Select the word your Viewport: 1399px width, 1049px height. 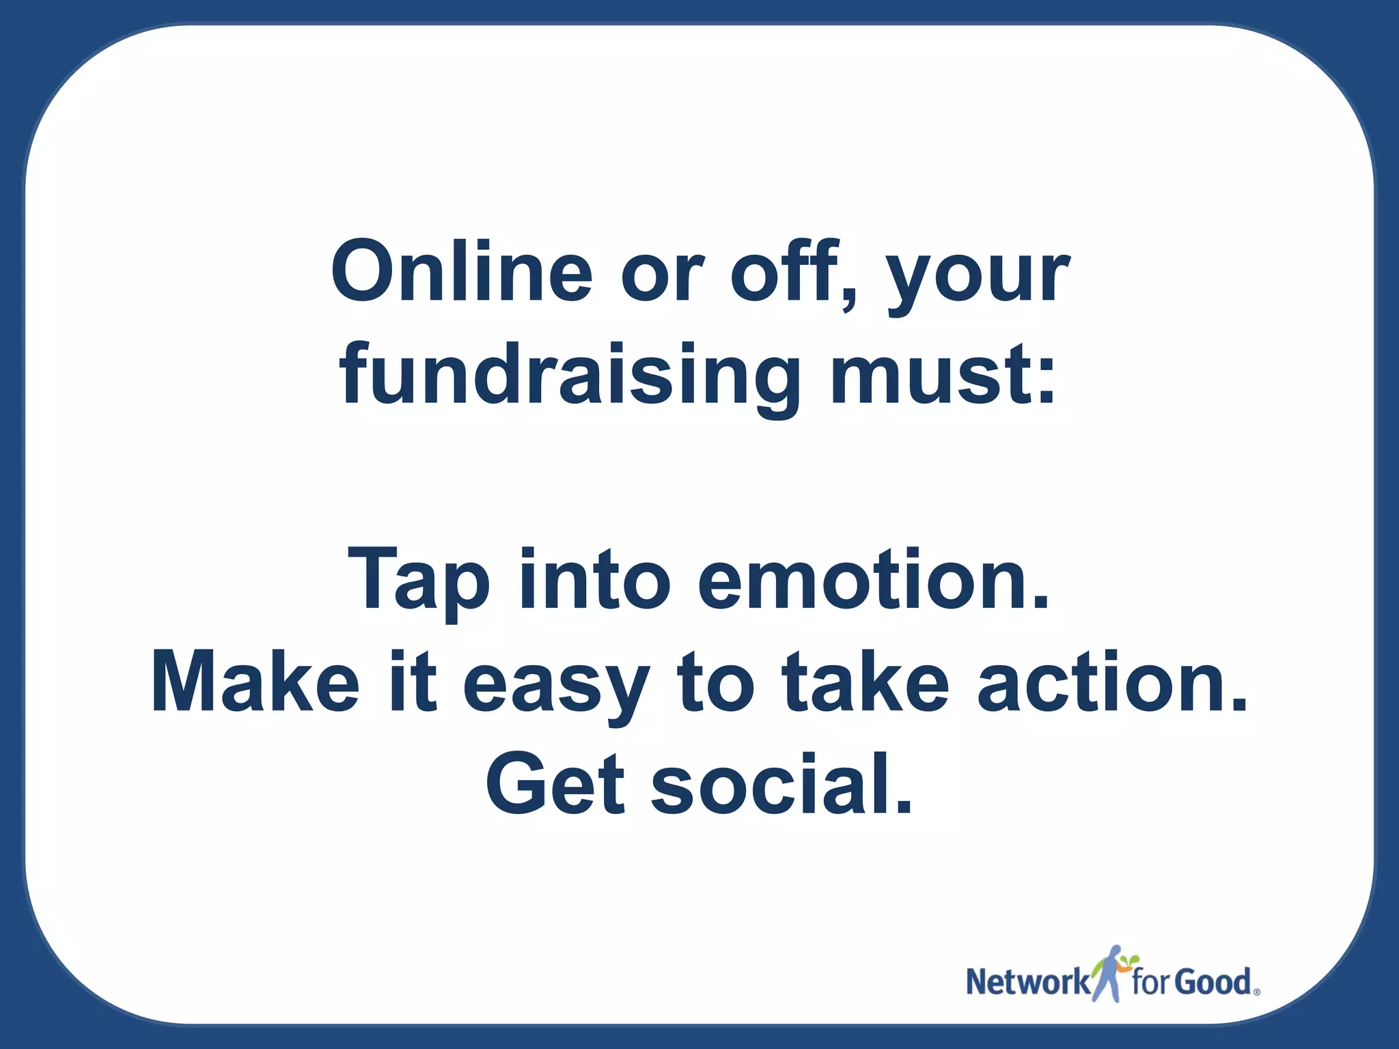[x=978, y=277]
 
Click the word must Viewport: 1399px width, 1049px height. [x=943, y=375]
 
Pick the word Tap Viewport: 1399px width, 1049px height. [x=418, y=581]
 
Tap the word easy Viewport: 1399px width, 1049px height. [x=556, y=686]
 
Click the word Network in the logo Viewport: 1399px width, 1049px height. [x=1027, y=982]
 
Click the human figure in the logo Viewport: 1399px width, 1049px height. [x=1112, y=973]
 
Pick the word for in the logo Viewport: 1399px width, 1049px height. [x=1154, y=982]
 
